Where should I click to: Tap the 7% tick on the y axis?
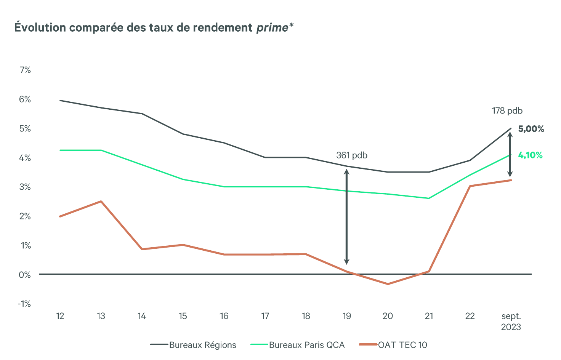(x=25, y=70)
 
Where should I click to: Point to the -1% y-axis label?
(x=24, y=304)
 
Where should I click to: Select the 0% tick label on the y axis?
(x=25, y=275)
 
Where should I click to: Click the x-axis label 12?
(x=60, y=316)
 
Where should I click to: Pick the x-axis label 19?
(x=347, y=316)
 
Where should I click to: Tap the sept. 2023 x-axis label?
(x=511, y=322)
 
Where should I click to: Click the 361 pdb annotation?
(x=351, y=155)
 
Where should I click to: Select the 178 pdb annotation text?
(x=507, y=111)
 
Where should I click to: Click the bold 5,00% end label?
(x=531, y=129)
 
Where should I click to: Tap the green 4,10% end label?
(x=530, y=155)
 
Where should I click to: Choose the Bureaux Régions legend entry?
(x=194, y=345)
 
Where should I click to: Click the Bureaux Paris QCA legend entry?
(x=298, y=345)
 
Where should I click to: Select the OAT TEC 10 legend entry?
(x=393, y=345)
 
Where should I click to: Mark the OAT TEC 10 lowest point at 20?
(x=388, y=284)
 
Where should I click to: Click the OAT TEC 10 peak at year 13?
(x=101, y=201)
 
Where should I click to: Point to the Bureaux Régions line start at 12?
(x=60, y=101)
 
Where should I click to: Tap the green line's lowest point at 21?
(x=429, y=198)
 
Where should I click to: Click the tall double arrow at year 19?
(x=346, y=216)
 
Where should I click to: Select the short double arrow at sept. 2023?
(x=510, y=154)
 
